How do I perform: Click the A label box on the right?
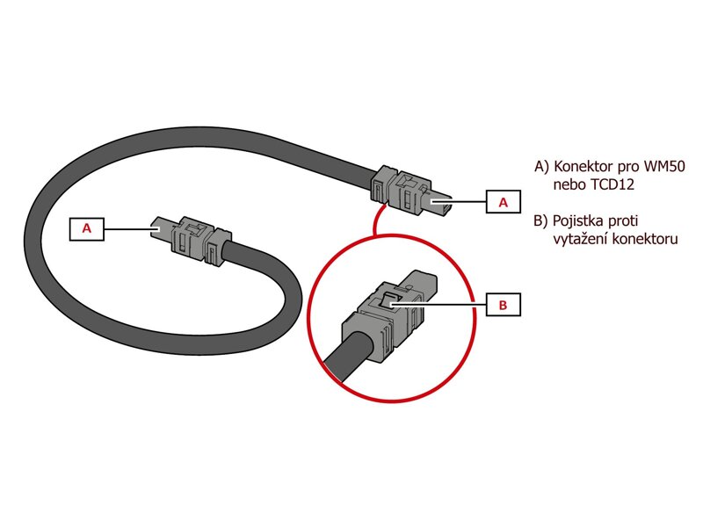[x=504, y=202]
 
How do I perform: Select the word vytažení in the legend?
[x=579, y=237]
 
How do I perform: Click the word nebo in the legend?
[x=569, y=185]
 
